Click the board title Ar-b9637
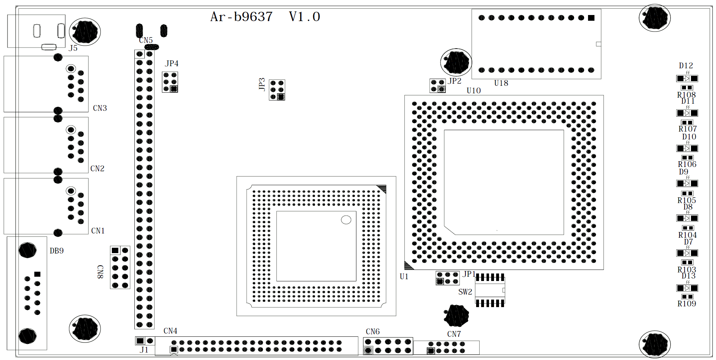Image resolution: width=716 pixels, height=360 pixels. [x=241, y=17]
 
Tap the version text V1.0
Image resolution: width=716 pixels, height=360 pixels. [x=304, y=17]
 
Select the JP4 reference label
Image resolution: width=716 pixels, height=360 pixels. [x=172, y=64]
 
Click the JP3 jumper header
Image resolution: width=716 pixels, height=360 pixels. [x=277, y=90]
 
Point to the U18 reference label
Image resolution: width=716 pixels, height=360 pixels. [x=501, y=83]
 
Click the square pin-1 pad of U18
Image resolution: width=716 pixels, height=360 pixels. [x=591, y=18]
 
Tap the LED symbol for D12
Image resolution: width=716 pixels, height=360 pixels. [x=687, y=79]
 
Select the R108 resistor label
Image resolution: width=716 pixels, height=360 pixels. [x=686, y=95]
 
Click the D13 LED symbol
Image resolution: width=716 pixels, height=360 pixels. [x=687, y=288]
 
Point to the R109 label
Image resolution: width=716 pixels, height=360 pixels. [x=687, y=304]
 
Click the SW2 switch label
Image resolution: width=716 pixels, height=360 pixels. [x=465, y=292]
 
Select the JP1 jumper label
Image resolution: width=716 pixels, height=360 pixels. [x=469, y=274]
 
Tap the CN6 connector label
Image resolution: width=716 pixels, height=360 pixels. [x=372, y=332]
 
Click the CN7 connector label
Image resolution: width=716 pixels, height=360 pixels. [x=454, y=334]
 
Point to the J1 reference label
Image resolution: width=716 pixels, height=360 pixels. [x=144, y=350]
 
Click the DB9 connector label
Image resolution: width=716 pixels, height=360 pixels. [x=56, y=251]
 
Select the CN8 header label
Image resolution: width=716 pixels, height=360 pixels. [x=100, y=272]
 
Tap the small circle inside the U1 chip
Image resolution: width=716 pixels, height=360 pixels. [x=346, y=220]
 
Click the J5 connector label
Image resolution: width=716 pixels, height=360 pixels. [x=73, y=48]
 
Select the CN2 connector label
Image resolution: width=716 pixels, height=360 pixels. [x=97, y=169]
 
